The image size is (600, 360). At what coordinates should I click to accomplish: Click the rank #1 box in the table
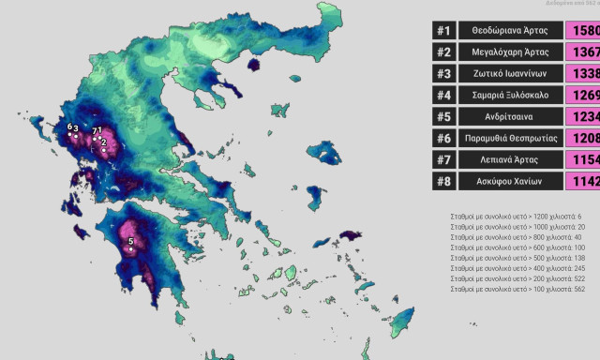tap(443, 30)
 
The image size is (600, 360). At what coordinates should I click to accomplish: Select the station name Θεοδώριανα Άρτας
tap(511, 30)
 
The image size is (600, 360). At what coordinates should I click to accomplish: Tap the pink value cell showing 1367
tap(584, 52)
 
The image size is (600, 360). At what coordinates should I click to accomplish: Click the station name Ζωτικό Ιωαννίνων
tap(511, 73)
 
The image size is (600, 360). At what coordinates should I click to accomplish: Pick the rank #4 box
tap(443, 95)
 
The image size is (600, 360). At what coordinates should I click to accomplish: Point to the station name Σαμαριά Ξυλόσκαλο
tap(511, 95)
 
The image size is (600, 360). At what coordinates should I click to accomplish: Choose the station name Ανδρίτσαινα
tap(511, 116)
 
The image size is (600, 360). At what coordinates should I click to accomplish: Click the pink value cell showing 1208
tap(584, 138)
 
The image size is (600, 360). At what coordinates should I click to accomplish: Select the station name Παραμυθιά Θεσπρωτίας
tap(511, 138)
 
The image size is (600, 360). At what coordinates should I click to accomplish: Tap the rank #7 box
tap(443, 159)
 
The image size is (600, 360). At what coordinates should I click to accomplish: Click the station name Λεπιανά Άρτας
tap(511, 159)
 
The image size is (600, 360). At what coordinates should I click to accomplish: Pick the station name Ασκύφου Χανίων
tap(511, 181)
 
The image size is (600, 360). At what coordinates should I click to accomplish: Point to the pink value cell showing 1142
tap(584, 181)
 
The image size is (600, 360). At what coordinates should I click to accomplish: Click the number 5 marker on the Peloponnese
tap(130, 243)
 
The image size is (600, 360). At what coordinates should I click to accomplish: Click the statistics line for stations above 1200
tap(517, 217)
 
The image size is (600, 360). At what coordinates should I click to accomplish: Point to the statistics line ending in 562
tap(517, 289)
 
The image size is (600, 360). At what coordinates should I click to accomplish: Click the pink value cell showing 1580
tap(584, 30)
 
